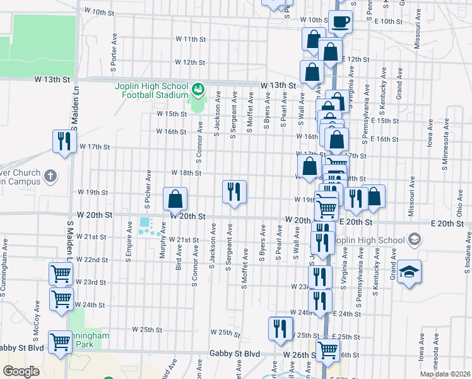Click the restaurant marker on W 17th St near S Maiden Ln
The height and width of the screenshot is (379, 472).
pos(62,141)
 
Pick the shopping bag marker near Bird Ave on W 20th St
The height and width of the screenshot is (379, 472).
pos(175,198)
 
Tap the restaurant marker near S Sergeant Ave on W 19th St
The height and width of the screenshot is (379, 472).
pos(234,191)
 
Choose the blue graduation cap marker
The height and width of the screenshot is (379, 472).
pos(410,272)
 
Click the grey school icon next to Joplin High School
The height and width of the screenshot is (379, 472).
pos(414,239)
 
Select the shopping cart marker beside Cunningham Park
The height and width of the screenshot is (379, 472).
pos(61,342)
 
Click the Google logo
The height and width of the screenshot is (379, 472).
pos(21,371)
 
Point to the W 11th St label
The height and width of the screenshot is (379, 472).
pos(187,39)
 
